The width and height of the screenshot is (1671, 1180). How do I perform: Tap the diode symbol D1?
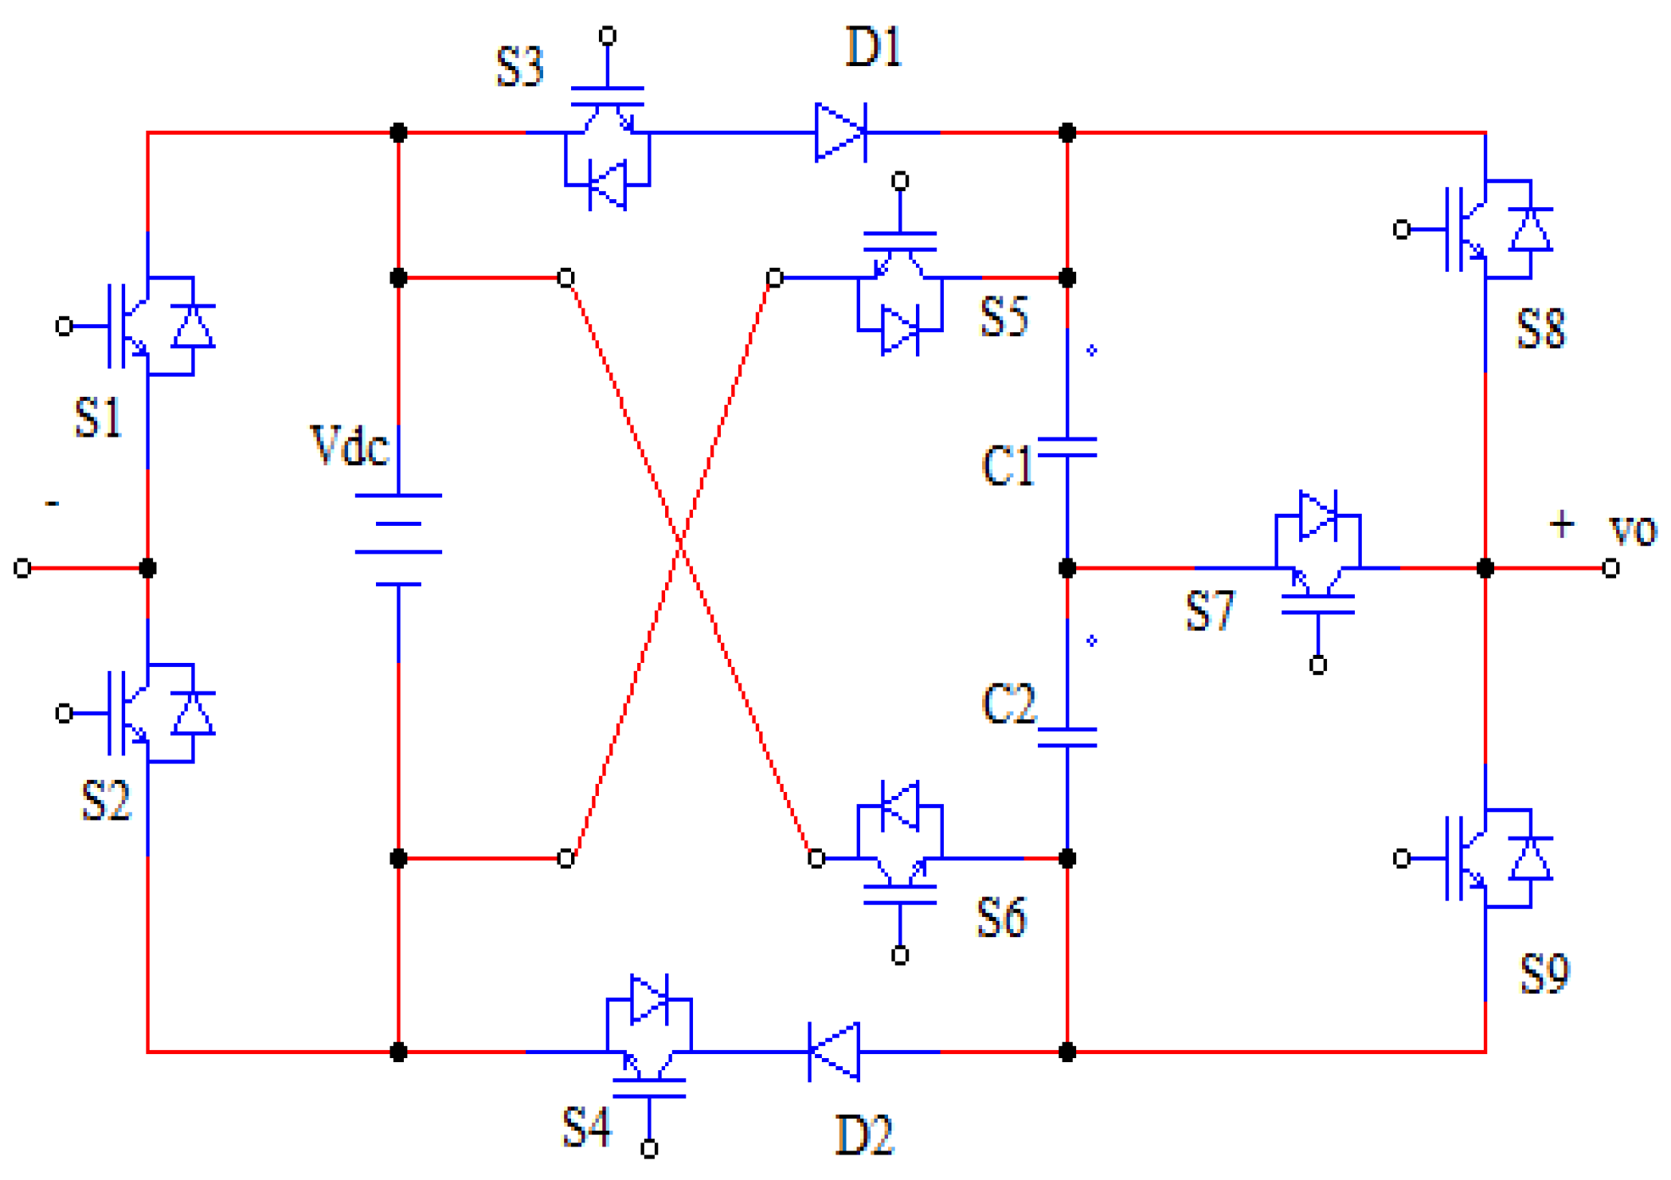pos(840,132)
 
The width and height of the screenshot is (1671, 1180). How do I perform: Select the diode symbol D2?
pos(834,1052)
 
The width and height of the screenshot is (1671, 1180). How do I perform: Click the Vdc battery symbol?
pos(398,539)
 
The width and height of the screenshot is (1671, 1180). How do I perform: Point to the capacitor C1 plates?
pos(1067,447)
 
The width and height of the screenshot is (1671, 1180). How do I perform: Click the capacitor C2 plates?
pos(1067,737)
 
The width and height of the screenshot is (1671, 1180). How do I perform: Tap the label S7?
pos(1209,611)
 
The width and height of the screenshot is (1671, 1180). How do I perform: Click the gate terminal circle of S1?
pos(65,326)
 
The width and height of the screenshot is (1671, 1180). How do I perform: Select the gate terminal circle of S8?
pos(1402,229)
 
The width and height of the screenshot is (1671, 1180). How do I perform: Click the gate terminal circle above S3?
pos(608,36)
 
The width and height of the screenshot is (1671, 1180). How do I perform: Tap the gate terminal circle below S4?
pos(649,1149)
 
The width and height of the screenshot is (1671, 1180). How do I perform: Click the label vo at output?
pos(1632,529)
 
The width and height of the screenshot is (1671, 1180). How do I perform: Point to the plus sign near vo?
pos(1562,524)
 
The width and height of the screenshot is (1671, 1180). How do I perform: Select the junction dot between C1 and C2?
pos(1067,568)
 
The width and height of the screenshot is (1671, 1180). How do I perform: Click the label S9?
pos(1544,974)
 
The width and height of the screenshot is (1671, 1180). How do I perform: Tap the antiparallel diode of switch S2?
pos(194,713)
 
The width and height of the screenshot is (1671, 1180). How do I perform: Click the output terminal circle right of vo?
pos(1610,568)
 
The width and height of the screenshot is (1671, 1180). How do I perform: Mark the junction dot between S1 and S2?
pos(147,568)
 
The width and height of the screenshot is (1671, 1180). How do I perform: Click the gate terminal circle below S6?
pos(900,955)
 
